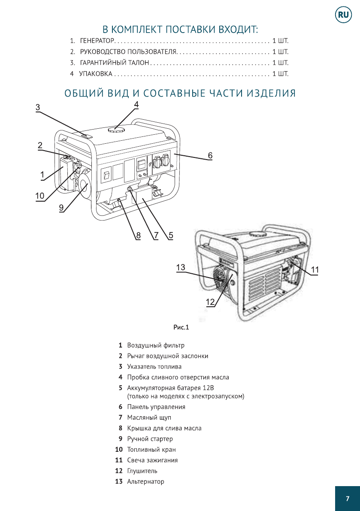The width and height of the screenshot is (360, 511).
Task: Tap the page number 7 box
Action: pos(347,498)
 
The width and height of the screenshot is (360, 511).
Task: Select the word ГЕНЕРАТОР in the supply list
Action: pos(97,42)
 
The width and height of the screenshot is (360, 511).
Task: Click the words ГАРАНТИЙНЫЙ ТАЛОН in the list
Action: pos(115,63)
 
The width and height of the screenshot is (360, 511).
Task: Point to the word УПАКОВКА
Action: pos(96,74)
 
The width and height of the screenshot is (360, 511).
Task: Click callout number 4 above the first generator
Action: pos(136,104)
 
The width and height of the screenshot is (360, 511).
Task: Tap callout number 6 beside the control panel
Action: pos(210,155)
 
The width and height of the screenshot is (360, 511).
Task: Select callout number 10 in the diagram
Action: pos(39,196)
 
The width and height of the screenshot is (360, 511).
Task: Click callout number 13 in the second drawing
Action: pos(181,267)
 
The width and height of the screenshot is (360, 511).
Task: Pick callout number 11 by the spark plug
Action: pos(315,269)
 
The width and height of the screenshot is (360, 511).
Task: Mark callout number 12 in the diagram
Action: pos(210,302)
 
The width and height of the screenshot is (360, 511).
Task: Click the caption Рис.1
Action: pos(181,328)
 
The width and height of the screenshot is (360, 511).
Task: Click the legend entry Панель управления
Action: pos(156,407)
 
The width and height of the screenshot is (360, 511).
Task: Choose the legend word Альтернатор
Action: pos(145,481)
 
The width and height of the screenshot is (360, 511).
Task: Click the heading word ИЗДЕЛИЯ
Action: pos(273,94)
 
